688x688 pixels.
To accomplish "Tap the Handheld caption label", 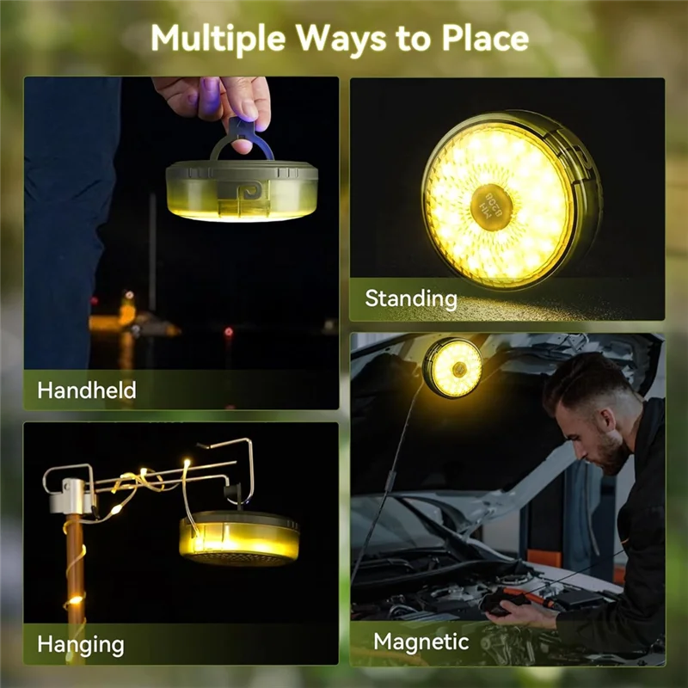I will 86,390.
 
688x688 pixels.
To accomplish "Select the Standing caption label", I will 411,298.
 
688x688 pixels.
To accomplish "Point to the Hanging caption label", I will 81,643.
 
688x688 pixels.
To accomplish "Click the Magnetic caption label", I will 421,641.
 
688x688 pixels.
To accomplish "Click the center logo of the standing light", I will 493,202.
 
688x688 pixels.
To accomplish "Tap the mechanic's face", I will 605,435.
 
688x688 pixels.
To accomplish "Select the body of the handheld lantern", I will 241,189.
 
